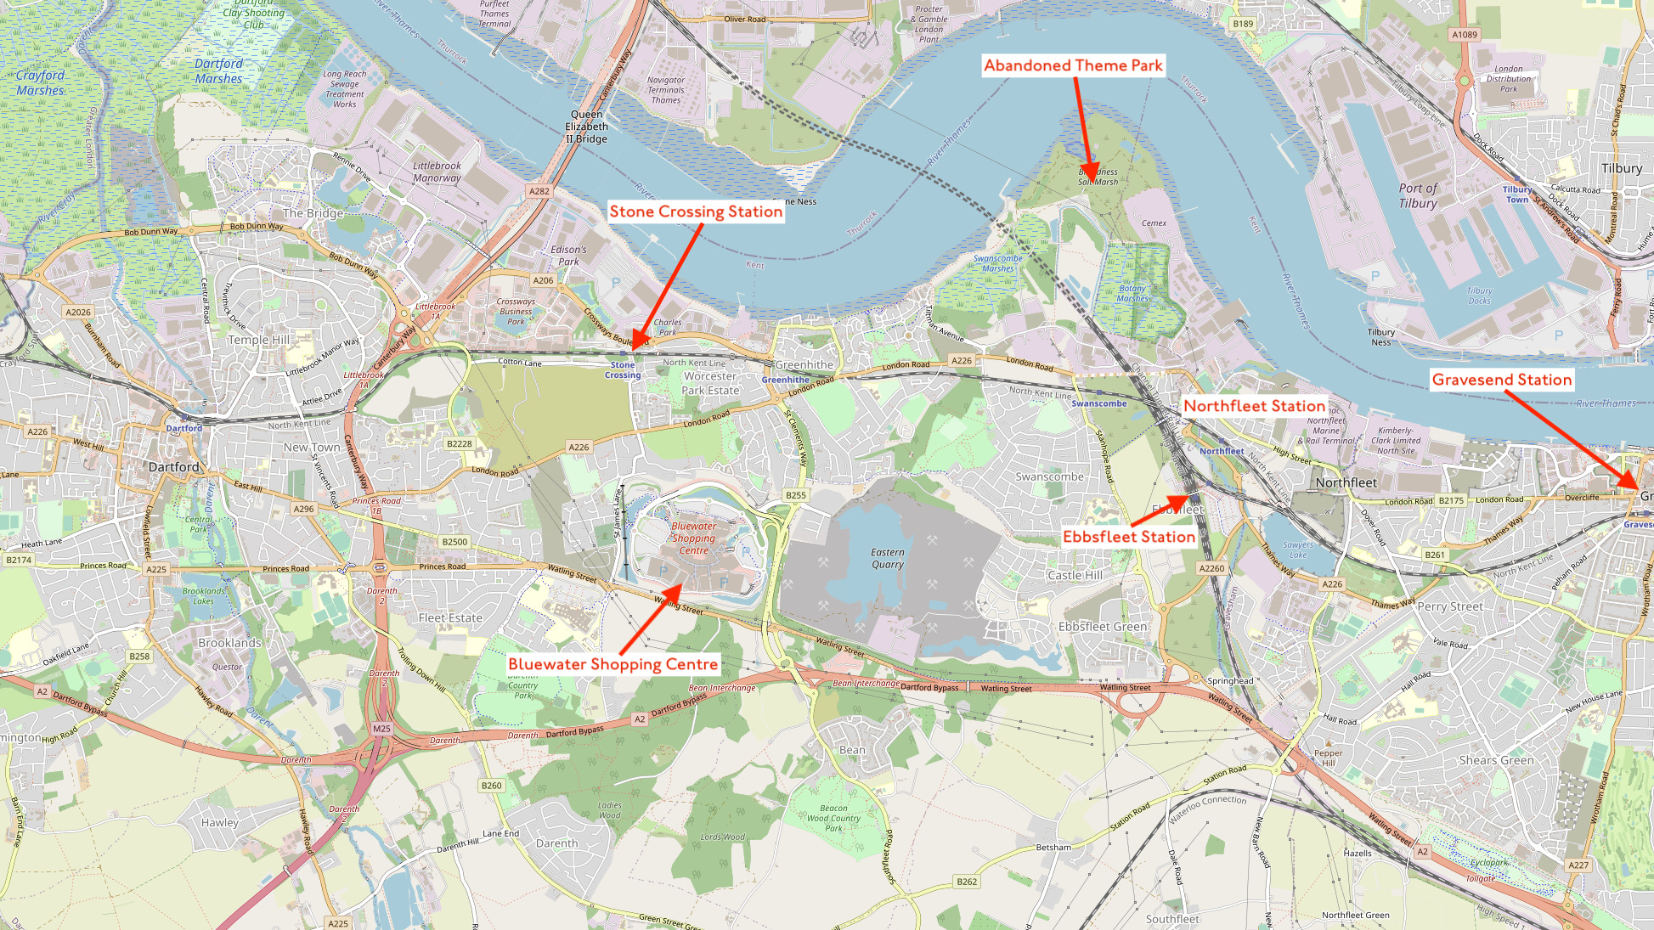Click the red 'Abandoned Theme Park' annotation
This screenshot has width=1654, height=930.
[x=1073, y=65]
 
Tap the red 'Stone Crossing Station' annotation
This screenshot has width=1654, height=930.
[x=696, y=211]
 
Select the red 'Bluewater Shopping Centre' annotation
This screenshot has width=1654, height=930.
[x=612, y=664]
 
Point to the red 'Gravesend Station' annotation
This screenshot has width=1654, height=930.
[x=1501, y=380]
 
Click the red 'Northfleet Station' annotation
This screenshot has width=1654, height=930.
[x=1254, y=406]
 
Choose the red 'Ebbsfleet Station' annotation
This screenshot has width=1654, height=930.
[x=1129, y=537]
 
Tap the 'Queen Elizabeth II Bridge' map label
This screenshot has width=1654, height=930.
[x=586, y=127]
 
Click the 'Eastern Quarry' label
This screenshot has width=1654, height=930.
[x=887, y=558]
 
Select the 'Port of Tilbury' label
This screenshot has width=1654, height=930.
[x=1418, y=195]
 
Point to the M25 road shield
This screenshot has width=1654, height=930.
[x=381, y=729]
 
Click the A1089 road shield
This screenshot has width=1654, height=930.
[x=1465, y=35]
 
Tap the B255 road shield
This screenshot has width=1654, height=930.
[x=795, y=495]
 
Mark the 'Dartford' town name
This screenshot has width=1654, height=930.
[x=173, y=467]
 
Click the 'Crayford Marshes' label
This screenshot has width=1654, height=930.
[x=40, y=82]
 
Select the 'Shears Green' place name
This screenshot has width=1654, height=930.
[x=1496, y=760]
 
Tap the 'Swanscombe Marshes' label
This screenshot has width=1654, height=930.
[x=997, y=263]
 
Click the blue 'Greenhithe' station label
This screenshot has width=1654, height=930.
[x=786, y=380]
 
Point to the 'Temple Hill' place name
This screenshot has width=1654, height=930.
[x=259, y=340]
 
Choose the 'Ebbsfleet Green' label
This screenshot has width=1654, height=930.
[x=1102, y=627]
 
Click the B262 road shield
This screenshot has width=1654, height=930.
[x=967, y=882]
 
